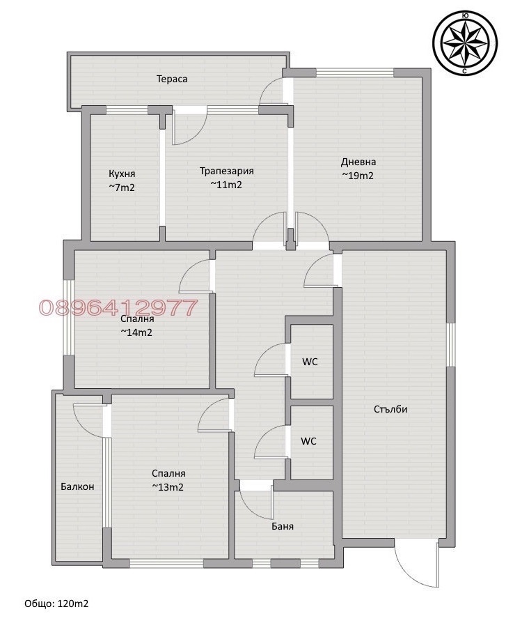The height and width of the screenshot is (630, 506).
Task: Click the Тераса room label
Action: tap(172, 79)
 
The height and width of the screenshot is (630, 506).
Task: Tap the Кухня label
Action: tap(122, 174)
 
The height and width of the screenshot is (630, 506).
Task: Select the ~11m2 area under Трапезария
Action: tap(226, 185)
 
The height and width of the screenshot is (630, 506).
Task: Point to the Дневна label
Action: tap(358, 162)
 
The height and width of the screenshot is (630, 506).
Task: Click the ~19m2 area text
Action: tap(358, 176)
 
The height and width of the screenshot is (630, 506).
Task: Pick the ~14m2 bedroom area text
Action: tap(136, 332)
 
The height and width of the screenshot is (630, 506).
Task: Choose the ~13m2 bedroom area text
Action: tap(168, 487)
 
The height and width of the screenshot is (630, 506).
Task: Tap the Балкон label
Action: tap(77, 486)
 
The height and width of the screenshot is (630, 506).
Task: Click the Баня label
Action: tap(283, 526)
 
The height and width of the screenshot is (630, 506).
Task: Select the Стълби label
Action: tap(390, 409)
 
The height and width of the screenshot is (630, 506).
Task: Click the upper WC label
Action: tap(310, 362)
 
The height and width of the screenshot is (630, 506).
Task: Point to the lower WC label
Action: tap(308, 441)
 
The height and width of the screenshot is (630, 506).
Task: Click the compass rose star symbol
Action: tap(465, 43)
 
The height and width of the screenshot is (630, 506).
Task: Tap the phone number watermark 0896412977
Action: tap(119, 307)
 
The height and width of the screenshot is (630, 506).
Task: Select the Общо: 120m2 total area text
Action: tap(56, 604)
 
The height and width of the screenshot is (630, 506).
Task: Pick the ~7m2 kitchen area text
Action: tap(122, 187)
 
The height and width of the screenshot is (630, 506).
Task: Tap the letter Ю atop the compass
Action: tap(465, 15)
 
